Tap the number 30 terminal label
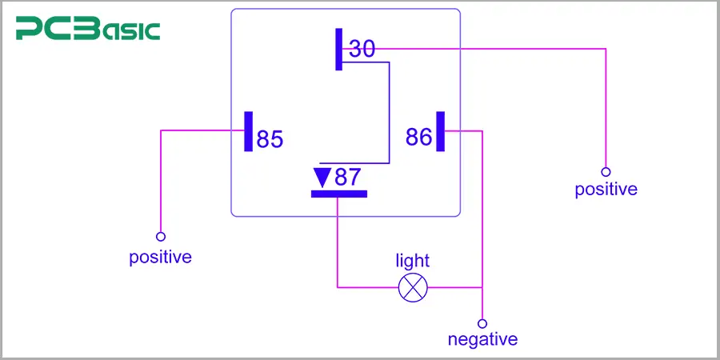(362, 50)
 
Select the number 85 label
(270, 139)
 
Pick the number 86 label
(418, 137)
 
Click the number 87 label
(348, 177)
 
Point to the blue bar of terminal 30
(339, 49)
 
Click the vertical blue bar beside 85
(248, 131)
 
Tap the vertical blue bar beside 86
(440, 130)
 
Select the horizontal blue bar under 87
(338, 193)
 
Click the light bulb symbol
(413, 287)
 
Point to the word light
(413, 261)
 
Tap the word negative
(482, 339)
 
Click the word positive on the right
(606, 190)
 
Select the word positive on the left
(161, 258)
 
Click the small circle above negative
(482, 324)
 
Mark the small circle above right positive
(606, 172)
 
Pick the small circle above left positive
(161, 237)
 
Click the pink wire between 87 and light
(338, 248)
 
